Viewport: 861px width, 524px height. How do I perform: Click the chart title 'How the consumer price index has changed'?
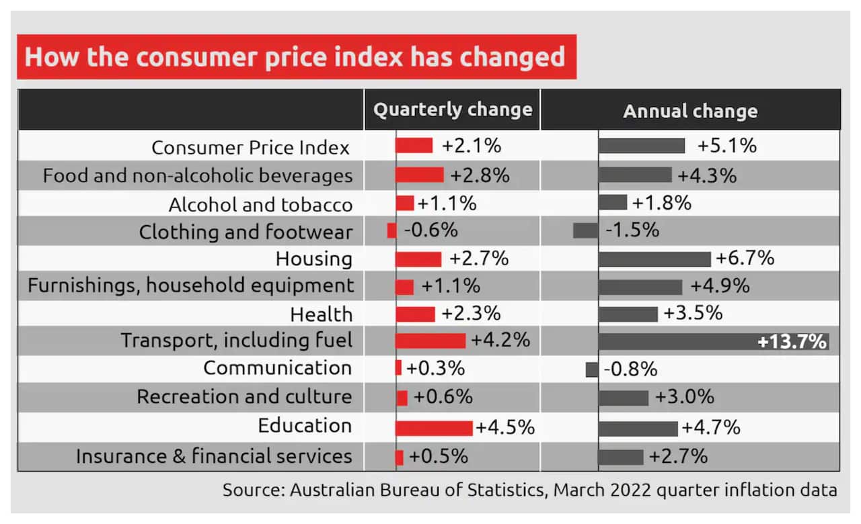[295, 56]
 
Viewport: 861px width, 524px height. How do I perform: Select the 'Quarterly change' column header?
[452, 110]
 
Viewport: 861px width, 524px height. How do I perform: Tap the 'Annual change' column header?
[690, 111]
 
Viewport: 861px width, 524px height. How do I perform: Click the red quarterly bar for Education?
[434, 428]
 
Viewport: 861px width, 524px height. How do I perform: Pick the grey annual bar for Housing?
[654, 259]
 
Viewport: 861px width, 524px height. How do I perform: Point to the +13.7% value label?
[791, 341]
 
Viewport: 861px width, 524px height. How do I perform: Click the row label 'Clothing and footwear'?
[246, 232]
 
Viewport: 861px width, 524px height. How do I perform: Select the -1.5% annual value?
[632, 230]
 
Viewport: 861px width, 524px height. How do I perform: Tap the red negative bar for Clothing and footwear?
[391, 230]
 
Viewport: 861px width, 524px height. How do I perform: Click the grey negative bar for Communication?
[592, 369]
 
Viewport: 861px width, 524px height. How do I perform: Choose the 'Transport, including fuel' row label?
[236, 340]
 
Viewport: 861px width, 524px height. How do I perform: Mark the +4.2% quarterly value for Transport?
[500, 340]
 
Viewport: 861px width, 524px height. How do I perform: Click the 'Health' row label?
[321, 314]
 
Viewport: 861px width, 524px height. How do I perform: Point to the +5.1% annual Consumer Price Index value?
[726, 146]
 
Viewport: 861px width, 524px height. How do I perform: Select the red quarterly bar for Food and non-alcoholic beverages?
[419, 175]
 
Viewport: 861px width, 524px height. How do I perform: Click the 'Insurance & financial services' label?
[214, 456]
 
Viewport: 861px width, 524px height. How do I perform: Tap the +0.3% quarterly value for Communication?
[435, 369]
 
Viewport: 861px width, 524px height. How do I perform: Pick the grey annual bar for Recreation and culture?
[623, 398]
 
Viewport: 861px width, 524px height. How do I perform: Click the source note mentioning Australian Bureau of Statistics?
[529, 490]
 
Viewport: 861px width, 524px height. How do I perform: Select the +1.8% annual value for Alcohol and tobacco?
[661, 202]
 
